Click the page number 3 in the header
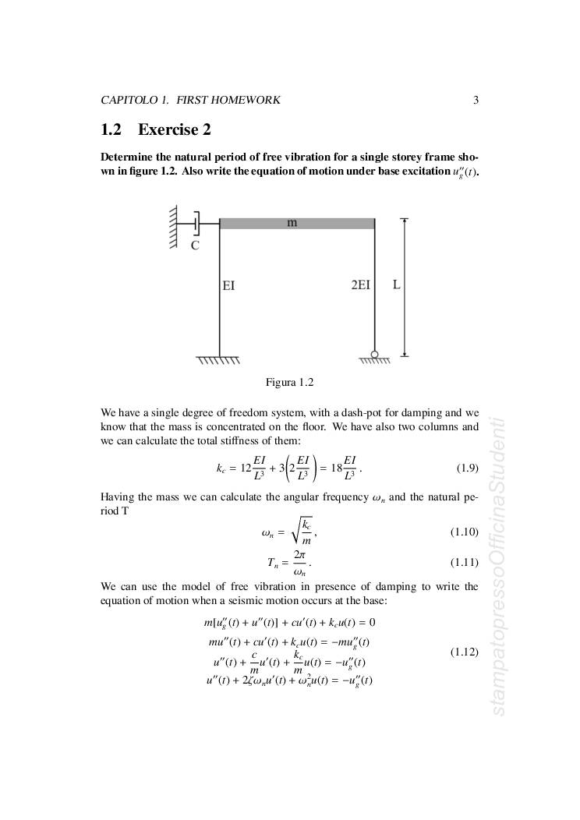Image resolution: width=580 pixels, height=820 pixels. [476, 100]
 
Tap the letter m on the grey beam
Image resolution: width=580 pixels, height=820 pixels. [292, 223]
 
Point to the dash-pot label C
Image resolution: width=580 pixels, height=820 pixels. [195, 246]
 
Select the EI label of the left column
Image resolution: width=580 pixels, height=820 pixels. [228, 286]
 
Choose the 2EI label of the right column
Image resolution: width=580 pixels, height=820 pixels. [360, 286]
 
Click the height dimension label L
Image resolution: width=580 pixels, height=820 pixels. [396, 285]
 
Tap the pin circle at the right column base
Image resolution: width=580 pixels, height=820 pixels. [374, 355]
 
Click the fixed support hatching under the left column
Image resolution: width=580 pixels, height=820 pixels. [218, 361]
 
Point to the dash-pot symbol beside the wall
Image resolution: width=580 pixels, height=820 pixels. [197, 223]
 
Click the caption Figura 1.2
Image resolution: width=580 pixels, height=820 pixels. [289, 382]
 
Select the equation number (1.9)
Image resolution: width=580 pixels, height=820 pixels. [467, 468]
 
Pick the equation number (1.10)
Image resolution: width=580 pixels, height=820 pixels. [465, 532]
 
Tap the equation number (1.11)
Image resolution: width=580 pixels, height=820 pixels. [465, 562]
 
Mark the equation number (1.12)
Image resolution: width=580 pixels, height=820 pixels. [465, 651]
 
